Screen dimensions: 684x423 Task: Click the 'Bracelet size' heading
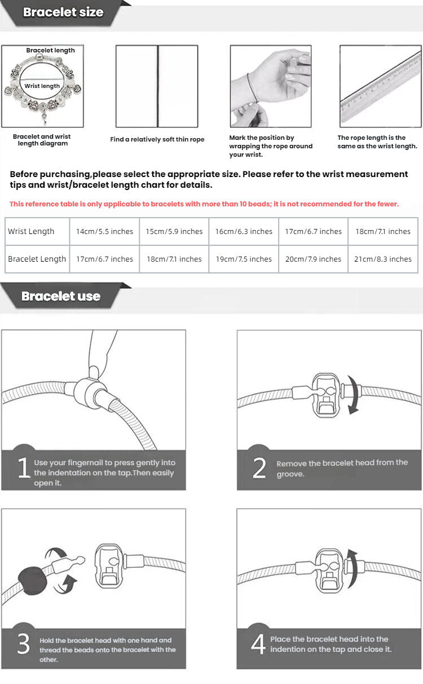(x=63, y=12)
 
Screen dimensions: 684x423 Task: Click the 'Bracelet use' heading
(x=60, y=296)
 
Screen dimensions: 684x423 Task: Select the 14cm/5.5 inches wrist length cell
(x=104, y=231)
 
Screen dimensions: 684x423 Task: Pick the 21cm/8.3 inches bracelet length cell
(x=383, y=259)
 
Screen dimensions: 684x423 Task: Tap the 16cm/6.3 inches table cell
(x=244, y=231)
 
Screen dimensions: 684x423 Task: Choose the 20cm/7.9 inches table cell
(x=313, y=259)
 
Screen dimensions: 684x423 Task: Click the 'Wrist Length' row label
(x=32, y=231)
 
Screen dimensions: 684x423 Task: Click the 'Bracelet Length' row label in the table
(x=37, y=259)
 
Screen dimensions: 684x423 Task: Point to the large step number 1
(x=23, y=468)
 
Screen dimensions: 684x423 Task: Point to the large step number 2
(x=259, y=468)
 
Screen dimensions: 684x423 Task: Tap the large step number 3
(x=23, y=645)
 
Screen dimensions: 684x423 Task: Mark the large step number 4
(x=258, y=645)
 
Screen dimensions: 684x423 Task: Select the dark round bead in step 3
(x=33, y=580)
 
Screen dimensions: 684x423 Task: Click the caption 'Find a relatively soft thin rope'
(x=157, y=139)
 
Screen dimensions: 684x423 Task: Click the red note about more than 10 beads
(x=204, y=204)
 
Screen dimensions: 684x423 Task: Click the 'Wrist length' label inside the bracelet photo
(x=42, y=86)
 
